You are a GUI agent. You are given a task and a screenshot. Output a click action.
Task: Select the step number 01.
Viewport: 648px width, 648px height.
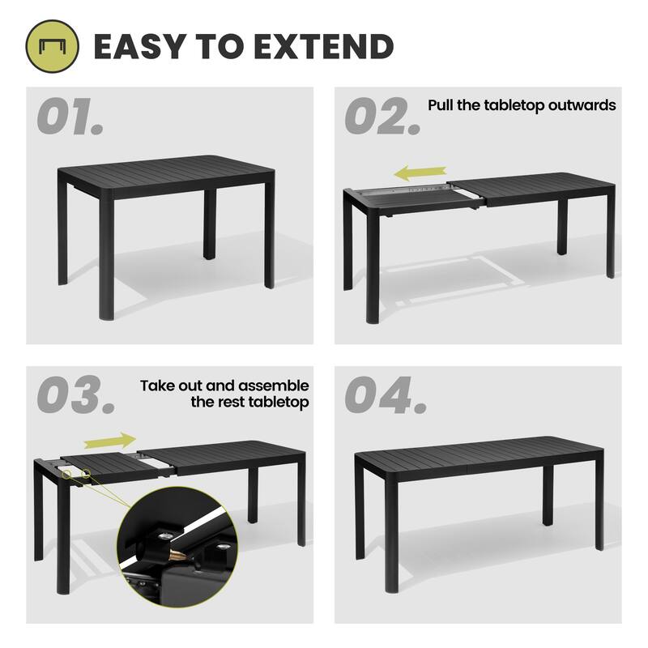(70, 117)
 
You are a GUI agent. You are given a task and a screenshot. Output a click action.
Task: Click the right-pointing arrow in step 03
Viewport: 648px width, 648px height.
(109, 440)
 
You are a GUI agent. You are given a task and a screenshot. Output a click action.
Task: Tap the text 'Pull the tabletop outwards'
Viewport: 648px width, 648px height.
(522, 105)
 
